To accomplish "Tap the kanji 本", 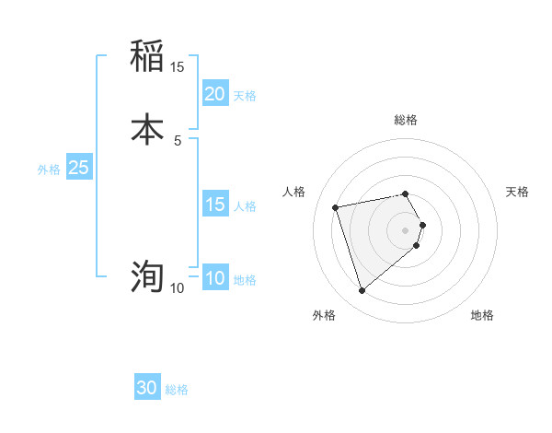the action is pos(147,128).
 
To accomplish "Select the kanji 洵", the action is pos(147,275).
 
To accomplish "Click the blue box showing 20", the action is pos(214,94).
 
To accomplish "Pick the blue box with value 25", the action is pos(78,168).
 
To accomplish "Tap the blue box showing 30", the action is pos(147,388).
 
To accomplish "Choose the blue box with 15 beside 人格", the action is pos(214,205).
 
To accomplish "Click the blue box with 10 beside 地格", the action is pos(214,278).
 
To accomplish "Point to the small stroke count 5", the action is pos(177,140).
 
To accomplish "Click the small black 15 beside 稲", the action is pos(177,67).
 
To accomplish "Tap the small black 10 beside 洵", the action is pos(177,288).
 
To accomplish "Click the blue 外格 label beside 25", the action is pos(49,170).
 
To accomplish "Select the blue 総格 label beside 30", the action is pos(177,390).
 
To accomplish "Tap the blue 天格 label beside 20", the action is pos(245,96).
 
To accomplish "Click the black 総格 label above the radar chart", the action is pos(406,120).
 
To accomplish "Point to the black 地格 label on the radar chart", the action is pos(482,316).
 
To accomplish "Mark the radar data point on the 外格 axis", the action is pos(362,290).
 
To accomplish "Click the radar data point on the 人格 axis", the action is pos(336,206).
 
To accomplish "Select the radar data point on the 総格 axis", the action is pos(406,193).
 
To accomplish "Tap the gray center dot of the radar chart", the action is pos(406,228).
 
